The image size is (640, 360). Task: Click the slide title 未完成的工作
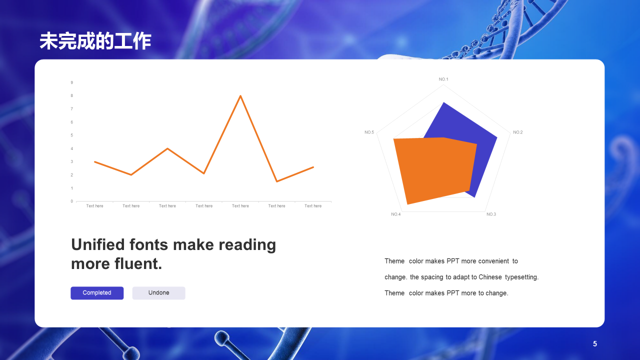tap(95, 41)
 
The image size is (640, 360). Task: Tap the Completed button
tap(97, 293)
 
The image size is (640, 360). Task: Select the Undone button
tap(158, 293)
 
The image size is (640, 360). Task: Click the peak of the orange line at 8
tap(240, 95)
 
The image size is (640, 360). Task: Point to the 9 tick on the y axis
tap(71, 82)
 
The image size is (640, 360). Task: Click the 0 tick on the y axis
tap(71, 201)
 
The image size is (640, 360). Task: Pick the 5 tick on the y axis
tap(71, 135)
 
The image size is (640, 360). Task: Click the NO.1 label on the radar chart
tap(443, 79)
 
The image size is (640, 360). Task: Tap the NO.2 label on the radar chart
tap(517, 132)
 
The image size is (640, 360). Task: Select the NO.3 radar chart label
tap(491, 214)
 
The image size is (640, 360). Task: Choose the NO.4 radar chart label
tap(395, 214)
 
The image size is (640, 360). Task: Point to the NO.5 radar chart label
tap(369, 132)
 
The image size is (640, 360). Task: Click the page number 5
tap(595, 344)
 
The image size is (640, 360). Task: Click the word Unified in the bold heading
tap(98, 245)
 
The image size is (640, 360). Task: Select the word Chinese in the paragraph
tap(490, 277)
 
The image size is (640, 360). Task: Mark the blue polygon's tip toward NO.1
tap(443, 103)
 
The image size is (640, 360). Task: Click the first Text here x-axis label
tap(94, 206)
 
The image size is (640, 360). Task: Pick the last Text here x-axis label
tap(313, 206)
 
